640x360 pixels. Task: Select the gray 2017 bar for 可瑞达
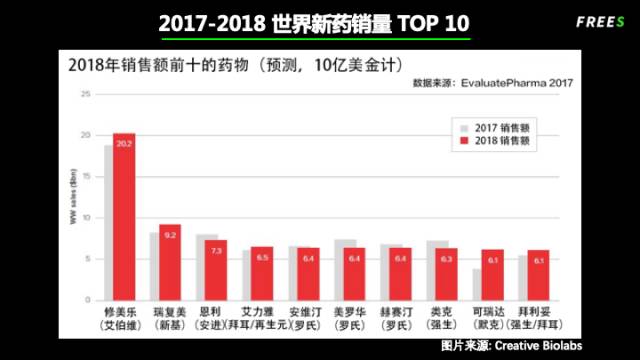pos(477,284)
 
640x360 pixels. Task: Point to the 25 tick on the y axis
pos(85,94)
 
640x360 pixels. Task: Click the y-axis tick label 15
pos(85,176)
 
